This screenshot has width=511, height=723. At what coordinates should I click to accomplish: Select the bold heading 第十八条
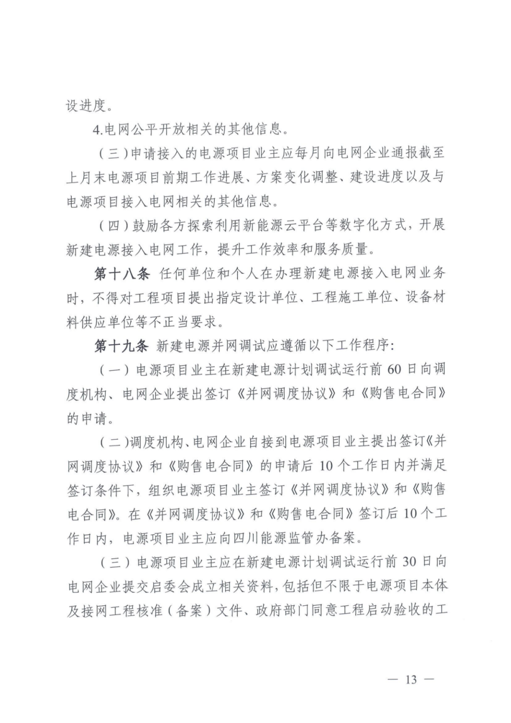tap(122, 273)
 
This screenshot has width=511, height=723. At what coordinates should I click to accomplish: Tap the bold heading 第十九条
tap(122, 346)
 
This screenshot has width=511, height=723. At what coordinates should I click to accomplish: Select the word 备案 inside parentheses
tap(189, 610)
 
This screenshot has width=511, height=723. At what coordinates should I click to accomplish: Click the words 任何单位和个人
tap(208, 273)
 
